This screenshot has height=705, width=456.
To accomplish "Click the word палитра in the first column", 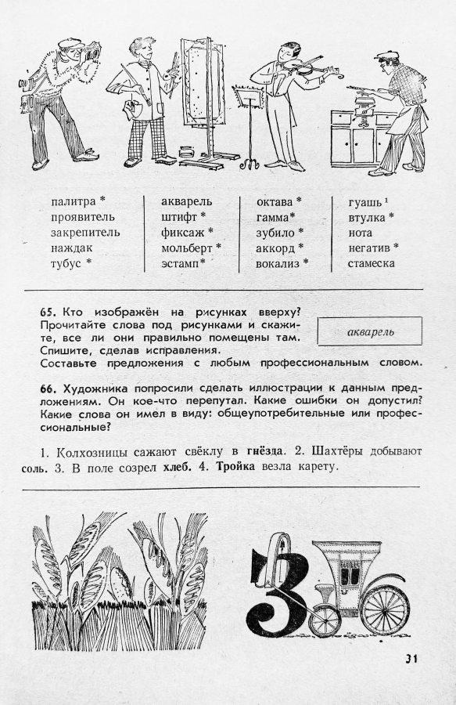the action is pos(74,202).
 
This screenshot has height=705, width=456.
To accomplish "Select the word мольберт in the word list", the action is pos(187,248).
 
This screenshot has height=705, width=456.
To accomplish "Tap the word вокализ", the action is pos(278,263).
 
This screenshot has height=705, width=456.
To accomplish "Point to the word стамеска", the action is pos(372,263).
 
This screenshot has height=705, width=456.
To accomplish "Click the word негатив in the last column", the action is pos(369,248).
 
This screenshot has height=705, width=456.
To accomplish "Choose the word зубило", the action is pos(275,233).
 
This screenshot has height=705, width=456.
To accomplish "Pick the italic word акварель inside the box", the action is pos(370,332).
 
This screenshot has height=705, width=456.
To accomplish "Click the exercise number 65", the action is pos(47,312).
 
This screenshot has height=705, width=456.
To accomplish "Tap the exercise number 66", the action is pos(47,389).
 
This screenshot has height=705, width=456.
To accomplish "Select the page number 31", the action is pos(411,659).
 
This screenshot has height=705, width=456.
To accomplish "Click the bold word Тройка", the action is pos(235,466).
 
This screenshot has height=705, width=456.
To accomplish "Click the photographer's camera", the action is pos(92,51).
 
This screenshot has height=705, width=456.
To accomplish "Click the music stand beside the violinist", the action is pos(247,127).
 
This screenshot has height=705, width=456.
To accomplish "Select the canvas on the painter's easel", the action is pos(199,80).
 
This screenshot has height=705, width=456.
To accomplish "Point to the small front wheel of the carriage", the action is pos(325,621).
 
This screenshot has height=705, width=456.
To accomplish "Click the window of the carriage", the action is pos(347,577).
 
